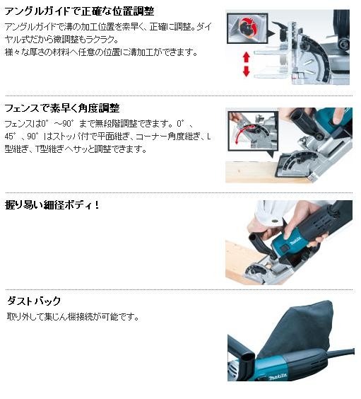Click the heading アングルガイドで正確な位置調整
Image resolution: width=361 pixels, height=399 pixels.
[x=79, y=12]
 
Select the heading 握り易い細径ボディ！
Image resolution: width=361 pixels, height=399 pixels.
[x=54, y=205]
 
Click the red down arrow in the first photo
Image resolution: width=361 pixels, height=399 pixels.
[x=247, y=71]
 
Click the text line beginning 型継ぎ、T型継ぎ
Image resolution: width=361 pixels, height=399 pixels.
[x=76, y=149]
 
